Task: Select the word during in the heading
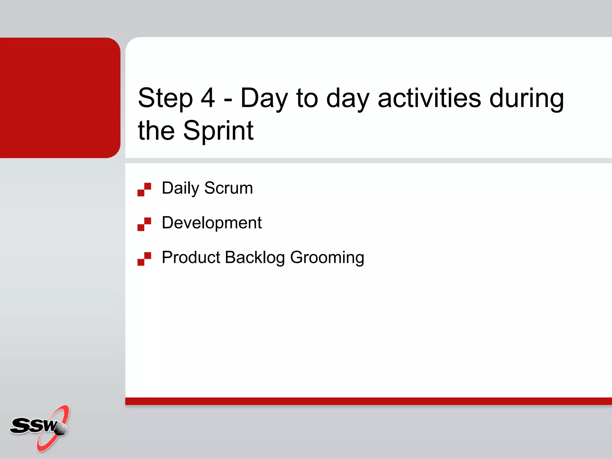tap(527, 99)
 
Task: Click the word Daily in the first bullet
tap(180, 188)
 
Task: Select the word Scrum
tap(229, 188)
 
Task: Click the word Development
tap(212, 223)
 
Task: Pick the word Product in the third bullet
tap(191, 257)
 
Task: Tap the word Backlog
tap(255, 258)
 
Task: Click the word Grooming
tap(327, 258)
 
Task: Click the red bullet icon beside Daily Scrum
tap(144, 189)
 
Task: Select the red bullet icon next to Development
tap(144, 224)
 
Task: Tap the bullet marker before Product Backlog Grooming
tap(144, 259)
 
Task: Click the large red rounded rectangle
tap(60, 98)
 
